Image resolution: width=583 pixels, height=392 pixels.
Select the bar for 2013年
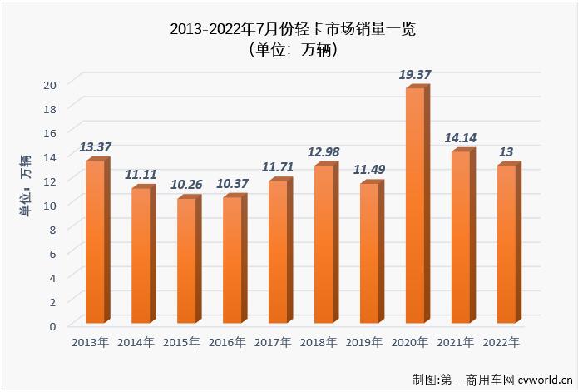click(96, 241)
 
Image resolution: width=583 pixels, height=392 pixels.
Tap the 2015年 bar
click(187, 261)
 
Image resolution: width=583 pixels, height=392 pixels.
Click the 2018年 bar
click(324, 244)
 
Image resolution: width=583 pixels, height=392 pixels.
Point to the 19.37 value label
click(415, 75)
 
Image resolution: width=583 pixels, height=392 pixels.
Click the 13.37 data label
click(96, 146)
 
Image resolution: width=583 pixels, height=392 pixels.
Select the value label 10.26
click(186, 184)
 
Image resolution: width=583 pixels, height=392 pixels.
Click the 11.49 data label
click(368, 169)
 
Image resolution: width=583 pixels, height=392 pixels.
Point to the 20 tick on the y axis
click(50, 84)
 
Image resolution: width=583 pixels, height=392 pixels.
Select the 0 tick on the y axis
click(52, 325)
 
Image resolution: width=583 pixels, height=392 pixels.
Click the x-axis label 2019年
click(363, 342)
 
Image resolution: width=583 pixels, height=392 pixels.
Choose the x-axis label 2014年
click(136, 342)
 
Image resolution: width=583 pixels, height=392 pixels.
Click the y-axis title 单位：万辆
click(25, 187)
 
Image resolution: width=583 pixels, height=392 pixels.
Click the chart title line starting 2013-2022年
click(292, 29)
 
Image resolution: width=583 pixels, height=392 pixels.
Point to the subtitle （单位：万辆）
click(292, 50)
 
